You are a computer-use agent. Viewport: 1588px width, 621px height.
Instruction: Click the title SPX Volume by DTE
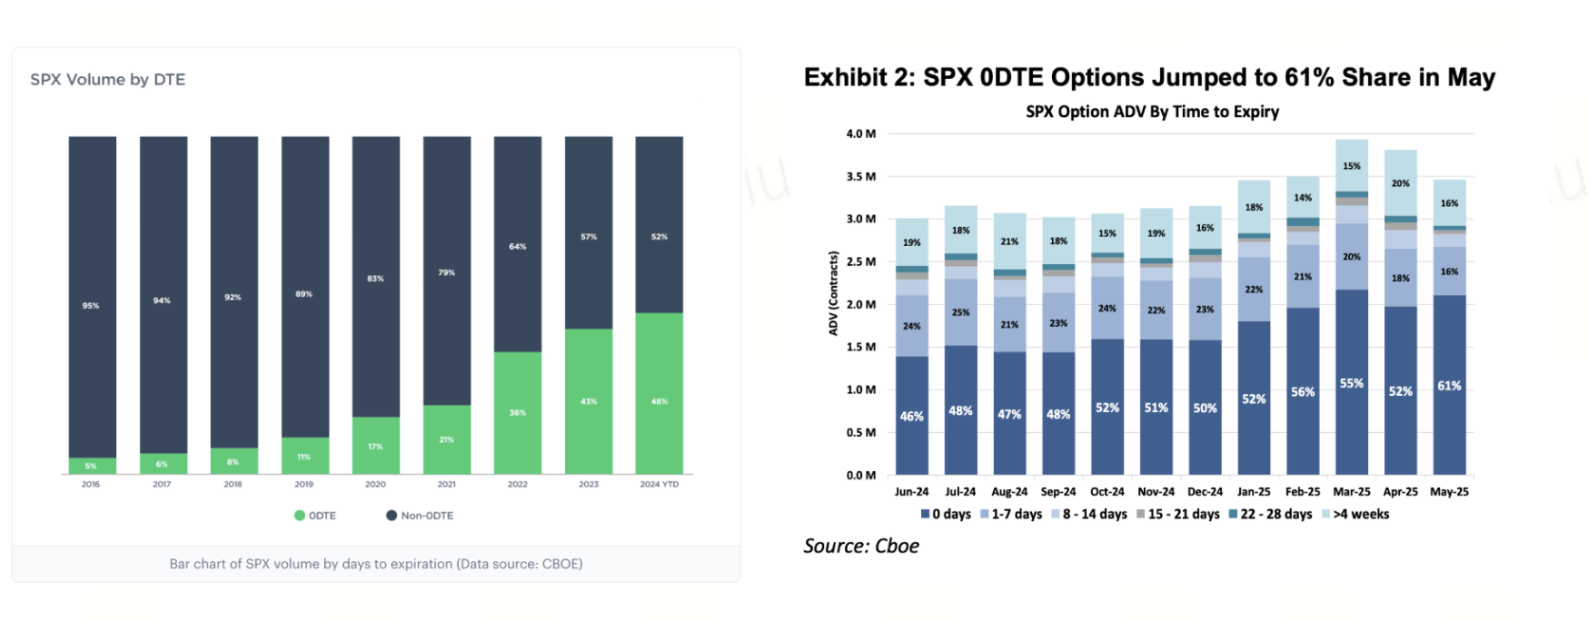click(107, 80)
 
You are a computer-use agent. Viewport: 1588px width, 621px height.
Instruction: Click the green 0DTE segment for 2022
click(517, 413)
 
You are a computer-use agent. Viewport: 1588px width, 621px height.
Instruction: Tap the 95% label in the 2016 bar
click(91, 306)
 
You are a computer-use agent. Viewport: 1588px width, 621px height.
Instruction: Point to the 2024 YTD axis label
click(659, 484)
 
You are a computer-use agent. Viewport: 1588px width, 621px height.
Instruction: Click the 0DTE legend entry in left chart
click(315, 516)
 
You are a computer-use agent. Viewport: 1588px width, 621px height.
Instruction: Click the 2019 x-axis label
click(303, 484)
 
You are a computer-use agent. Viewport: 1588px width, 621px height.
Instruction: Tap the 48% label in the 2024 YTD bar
click(660, 401)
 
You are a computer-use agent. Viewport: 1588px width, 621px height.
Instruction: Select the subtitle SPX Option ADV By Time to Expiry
click(1152, 112)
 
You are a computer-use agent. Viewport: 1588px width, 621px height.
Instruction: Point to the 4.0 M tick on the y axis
click(860, 133)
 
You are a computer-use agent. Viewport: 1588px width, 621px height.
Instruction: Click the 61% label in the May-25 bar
click(1449, 386)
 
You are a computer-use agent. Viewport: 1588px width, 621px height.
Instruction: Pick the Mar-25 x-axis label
click(1351, 491)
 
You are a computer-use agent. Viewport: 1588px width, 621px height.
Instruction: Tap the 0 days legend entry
click(946, 514)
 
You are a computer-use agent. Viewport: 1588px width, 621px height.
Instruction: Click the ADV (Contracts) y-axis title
click(833, 293)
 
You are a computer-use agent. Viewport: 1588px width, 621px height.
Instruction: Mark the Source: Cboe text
click(861, 546)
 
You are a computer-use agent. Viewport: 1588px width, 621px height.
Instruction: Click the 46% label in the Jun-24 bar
click(911, 417)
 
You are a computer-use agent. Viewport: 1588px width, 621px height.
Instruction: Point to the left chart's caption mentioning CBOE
click(376, 564)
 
